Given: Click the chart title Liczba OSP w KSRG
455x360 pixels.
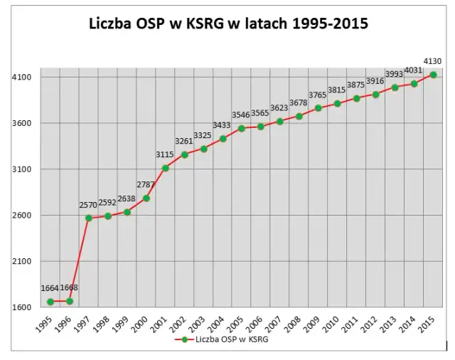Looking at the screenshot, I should tap(227, 23).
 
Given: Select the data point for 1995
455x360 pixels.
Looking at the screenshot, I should tap(50, 302).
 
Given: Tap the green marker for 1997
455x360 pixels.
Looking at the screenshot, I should tap(89, 218).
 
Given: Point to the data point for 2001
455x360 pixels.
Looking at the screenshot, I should tap(166, 168).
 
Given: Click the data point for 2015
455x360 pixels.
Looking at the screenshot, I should tap(434, 75).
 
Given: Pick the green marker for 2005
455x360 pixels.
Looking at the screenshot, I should tap(242, 128).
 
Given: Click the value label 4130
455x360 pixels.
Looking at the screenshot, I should tap(433, 62).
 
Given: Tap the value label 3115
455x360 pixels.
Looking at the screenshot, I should tap(166, 155).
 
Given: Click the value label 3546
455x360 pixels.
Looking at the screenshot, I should tap(241, 115).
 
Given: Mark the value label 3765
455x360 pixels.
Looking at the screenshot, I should tap(318, 95).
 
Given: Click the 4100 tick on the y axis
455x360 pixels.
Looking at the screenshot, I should tap(23, 77).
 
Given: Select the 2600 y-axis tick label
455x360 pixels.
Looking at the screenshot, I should tap(23, 216).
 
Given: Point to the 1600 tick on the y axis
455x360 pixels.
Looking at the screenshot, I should tap(23, 307).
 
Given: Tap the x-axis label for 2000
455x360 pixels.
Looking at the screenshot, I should tap(141, 326).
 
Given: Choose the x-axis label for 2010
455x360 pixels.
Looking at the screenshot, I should tap(332, 326).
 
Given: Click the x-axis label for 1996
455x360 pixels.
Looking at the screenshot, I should tap(64, 326).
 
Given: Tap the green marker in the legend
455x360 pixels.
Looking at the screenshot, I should tap(184, 340).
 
